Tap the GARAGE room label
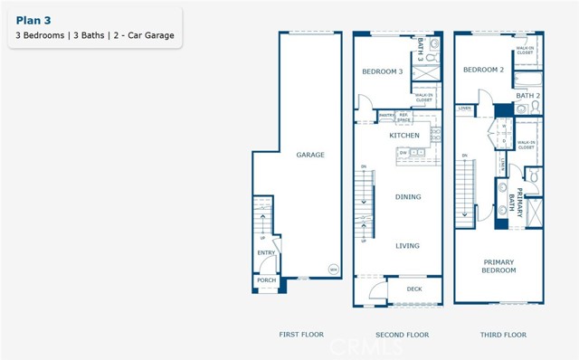tap(310, 155)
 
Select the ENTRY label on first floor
tap(266, 253)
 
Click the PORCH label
tap(266, 280)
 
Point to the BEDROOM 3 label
tap(382, 71)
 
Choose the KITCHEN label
tap(404, 136)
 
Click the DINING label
tap(408, 196)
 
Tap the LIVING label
tap(408, 245)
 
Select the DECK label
tap(414, 289)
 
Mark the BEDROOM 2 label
tap(483, 70)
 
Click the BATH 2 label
tap(527, 95)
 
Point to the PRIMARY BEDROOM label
tap(498, 266)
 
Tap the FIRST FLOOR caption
tap(301, 335)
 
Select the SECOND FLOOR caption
tap(403, 335)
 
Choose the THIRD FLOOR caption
tap(503, 335)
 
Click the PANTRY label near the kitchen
tap(385, 116)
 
